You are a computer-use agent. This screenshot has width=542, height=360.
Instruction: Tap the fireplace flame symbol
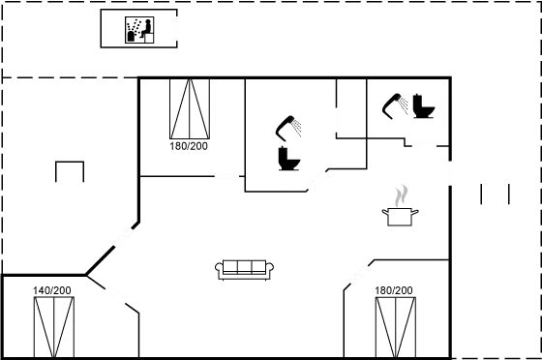click(x=399, y=196)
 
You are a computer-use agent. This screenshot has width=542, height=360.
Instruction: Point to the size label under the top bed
click(x=189, y=146)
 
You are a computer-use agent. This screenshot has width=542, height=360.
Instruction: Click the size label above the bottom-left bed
click(x=51, y=290)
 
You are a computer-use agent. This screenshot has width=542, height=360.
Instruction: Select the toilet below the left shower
click(x=286, y=156)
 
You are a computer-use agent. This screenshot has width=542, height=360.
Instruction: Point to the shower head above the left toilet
click(x=287, y=125)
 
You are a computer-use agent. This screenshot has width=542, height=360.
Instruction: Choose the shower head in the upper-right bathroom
click(x=395, y=101)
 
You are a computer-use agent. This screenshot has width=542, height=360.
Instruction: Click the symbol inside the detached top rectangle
click(x=139, y=30)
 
